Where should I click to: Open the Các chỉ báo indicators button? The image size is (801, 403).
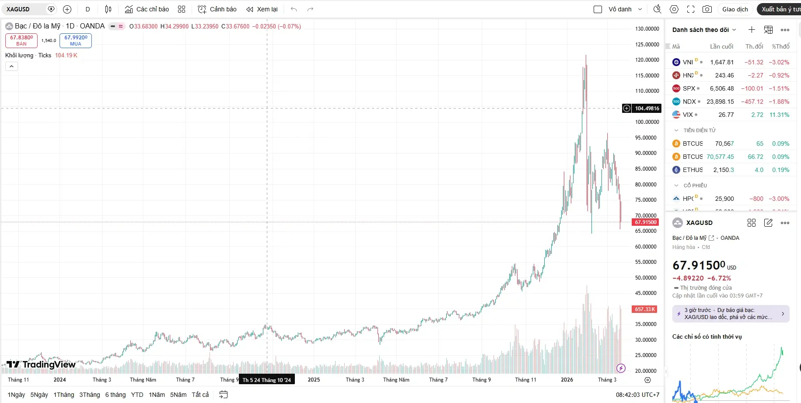(x=147, y=9)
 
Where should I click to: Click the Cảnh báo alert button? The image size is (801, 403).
(x=217, y=9)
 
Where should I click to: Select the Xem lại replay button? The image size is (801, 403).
(x=262, y=9)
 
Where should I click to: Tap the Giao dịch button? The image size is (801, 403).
(x=735, y=9)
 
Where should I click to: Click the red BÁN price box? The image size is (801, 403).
(x=21, y=40)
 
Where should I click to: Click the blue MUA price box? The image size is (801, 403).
(x=76, y=40)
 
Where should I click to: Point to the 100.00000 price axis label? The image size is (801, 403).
(x=647, y=122)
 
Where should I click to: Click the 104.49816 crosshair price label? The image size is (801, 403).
(x=647, y=108)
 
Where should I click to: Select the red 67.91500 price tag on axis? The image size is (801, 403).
(x=646, y=222)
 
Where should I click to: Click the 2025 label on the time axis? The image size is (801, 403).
(x=314, y=380)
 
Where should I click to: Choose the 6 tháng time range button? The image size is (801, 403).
(x=115, y=395)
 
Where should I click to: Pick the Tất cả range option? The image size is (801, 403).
(x=200, y=395)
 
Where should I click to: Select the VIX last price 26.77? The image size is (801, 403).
(x=726, y=115)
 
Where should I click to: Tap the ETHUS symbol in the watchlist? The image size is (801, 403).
(x=693, y=170)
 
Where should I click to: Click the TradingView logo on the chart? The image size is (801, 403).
(x=41, y=364)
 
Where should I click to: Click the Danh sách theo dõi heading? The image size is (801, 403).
(x=700, y=30)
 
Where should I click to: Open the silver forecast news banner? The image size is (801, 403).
(x=731, y=314)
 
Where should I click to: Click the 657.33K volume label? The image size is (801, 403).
(x=645, y=309)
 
